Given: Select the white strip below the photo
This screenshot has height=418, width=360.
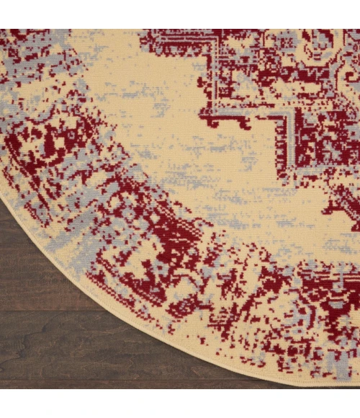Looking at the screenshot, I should [180, 404].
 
